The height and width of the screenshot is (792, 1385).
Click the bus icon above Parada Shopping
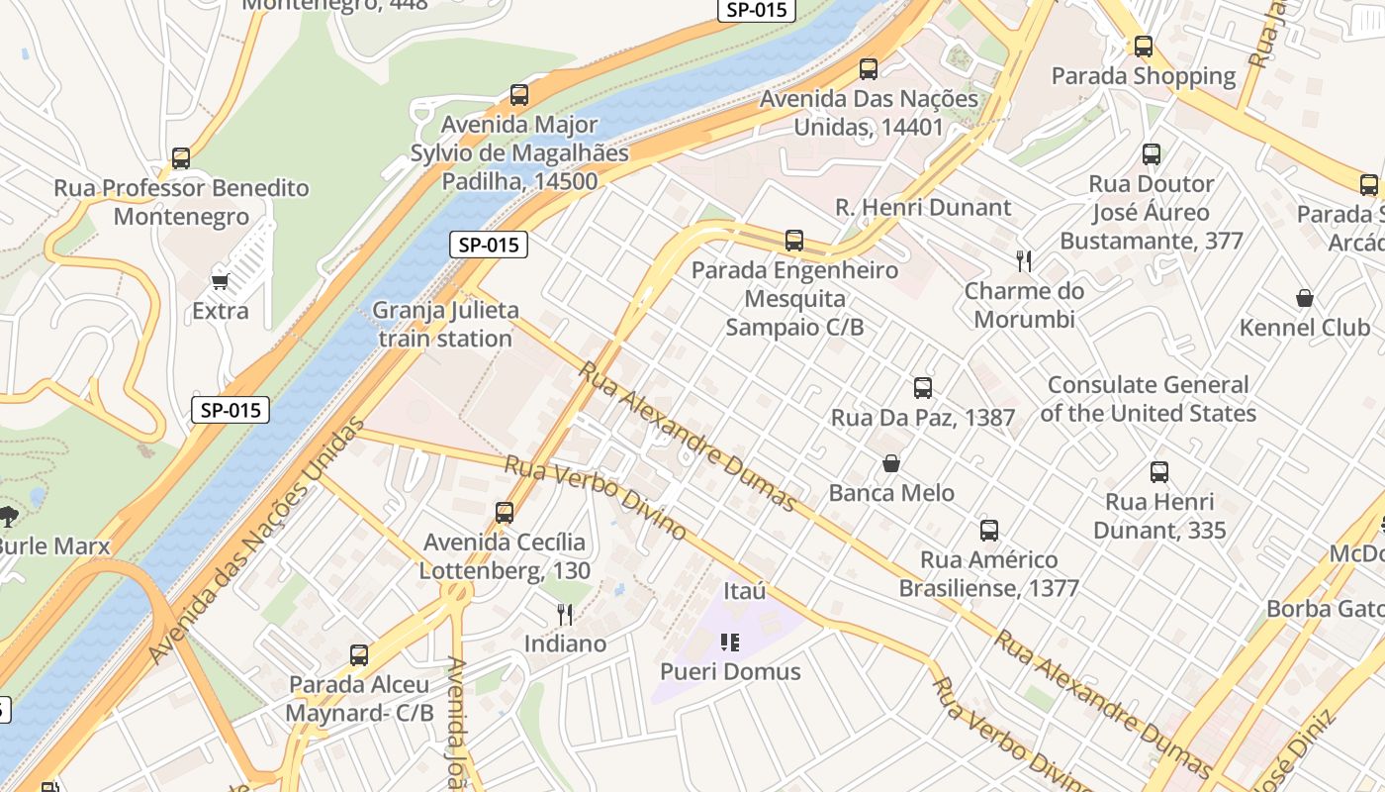1144,46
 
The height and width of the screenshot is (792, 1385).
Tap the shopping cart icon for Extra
221,281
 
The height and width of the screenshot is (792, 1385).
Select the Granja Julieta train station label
445,324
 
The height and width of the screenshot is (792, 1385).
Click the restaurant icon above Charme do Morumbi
1024,261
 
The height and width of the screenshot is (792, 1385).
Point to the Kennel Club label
1305,328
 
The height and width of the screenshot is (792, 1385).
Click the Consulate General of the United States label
1148,399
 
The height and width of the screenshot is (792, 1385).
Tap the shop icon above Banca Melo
891,463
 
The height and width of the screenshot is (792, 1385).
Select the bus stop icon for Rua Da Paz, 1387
923,388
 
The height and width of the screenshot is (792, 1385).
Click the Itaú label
745,591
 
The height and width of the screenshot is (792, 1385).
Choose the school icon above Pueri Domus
730,643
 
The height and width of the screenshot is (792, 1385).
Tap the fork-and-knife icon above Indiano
565,615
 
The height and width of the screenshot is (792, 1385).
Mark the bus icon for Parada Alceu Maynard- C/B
359,655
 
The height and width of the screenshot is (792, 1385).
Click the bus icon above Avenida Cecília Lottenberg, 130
505,513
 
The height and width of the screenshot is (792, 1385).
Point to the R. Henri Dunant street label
923,207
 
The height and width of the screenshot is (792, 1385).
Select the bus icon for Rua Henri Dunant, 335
1159,472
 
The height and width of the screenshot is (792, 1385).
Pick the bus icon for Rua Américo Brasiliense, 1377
989,531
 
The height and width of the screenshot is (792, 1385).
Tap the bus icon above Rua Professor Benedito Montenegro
181,158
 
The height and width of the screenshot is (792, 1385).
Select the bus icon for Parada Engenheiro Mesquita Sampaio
794,241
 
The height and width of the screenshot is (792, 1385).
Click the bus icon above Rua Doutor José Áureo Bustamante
1152,154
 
